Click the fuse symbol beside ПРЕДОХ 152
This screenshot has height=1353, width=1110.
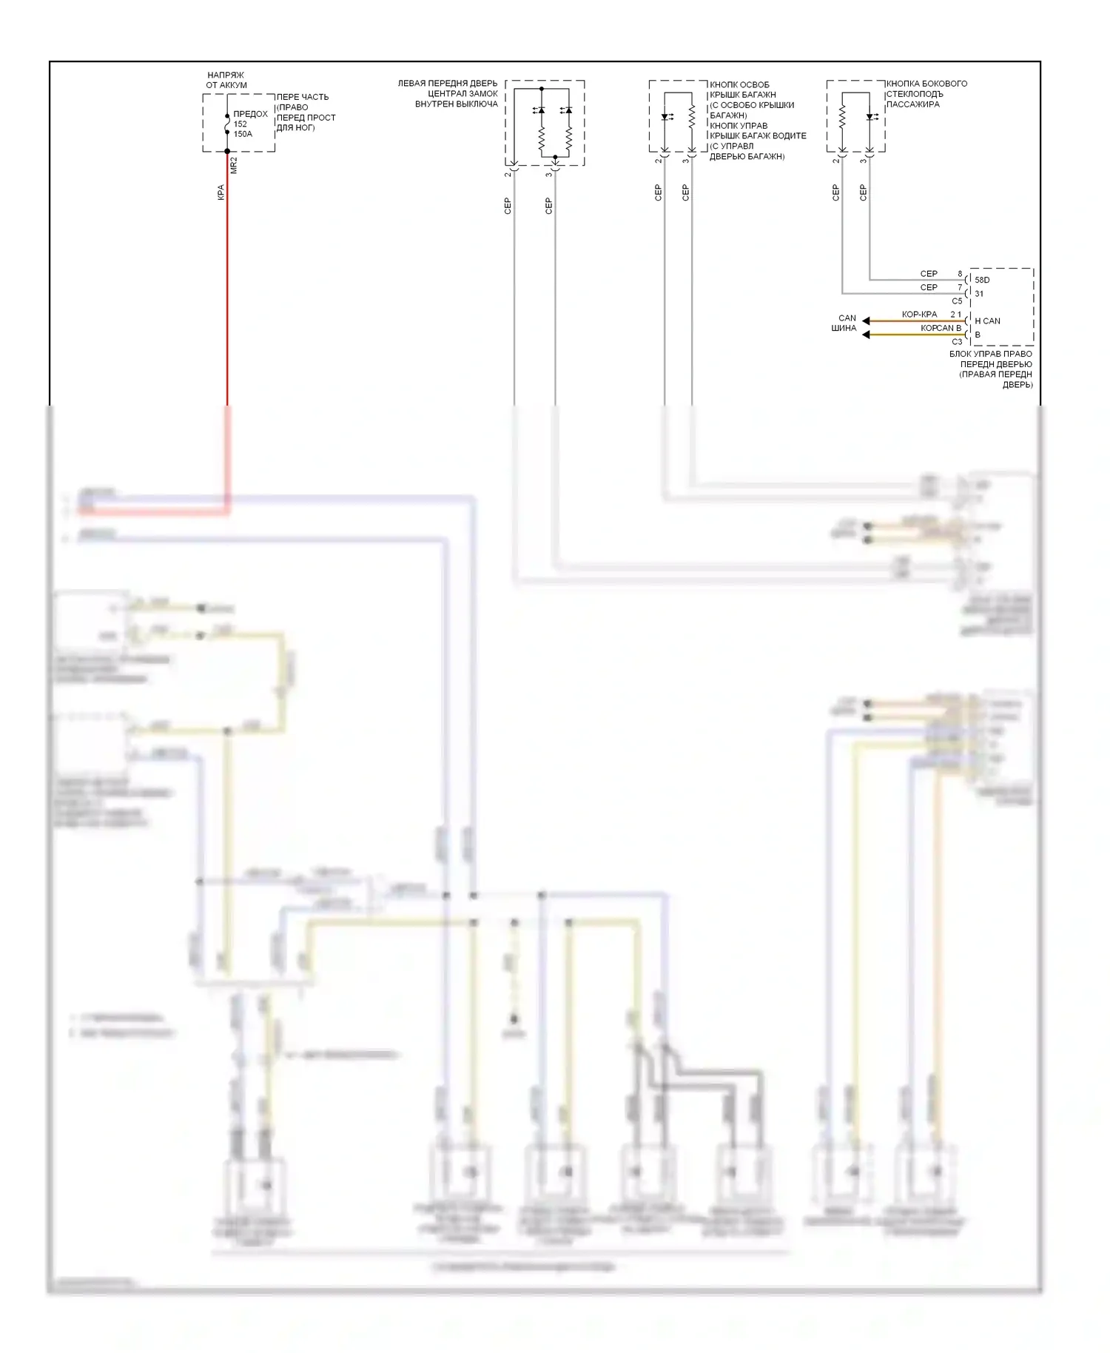coord(227,124)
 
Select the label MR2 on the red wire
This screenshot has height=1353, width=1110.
coord(234,165)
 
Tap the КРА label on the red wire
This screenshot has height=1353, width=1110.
coord(221,192)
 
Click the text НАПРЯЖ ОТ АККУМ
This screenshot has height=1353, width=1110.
coord(226,80)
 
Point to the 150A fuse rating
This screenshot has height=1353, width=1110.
coord(243,134)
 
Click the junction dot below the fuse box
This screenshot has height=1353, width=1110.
coord(227,151)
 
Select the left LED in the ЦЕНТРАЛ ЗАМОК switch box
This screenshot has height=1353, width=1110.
coord(541,110)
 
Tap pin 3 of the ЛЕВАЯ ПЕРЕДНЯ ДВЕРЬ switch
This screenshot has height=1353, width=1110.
coord(549,174)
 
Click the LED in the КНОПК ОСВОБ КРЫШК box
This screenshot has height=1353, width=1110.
coord(665,116)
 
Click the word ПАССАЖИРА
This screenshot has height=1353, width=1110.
coord(912,104)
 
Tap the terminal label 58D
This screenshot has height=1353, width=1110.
coord(982,280)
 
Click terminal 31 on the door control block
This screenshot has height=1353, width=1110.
coord(979,294)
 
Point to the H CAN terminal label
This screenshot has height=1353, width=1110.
coord(987,320)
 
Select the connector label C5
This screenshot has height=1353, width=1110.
coord(957,301)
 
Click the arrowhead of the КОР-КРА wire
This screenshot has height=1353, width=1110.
coord(866,320)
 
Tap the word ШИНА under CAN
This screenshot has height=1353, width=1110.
coord(844,328)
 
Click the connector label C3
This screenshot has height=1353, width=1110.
coord(957,341)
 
